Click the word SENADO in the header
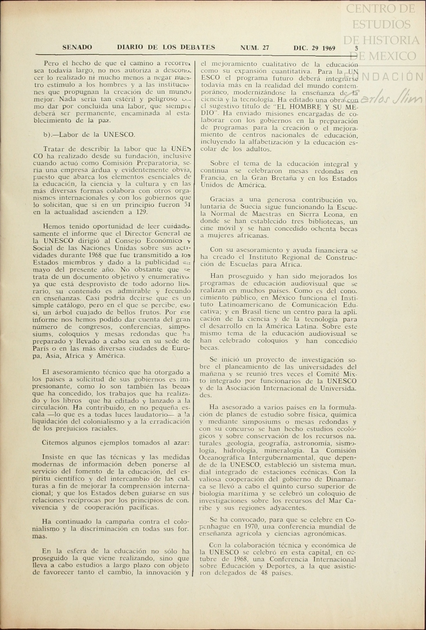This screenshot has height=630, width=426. (x=77, y=47)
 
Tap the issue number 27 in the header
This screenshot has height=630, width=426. (x=266, y=48)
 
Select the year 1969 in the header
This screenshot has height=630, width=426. (x=328, y=48)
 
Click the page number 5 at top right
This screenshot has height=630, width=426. (x=356, y=48)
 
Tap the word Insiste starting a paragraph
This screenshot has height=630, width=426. (x=52, y=457)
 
